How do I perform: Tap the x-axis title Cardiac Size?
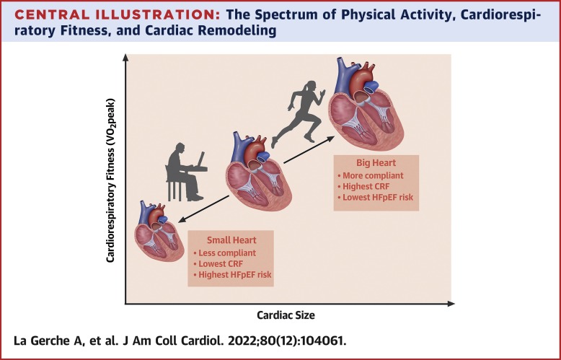coord(286,315)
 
